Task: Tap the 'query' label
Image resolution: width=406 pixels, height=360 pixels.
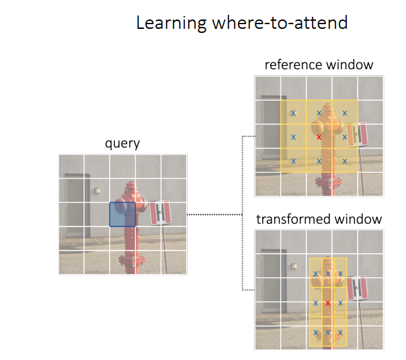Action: (122, 143)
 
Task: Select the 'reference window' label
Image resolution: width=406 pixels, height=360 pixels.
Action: (319, 65)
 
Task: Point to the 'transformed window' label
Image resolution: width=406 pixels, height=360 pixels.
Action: (319, 219)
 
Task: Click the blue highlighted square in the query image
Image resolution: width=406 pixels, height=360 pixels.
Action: (122, 215)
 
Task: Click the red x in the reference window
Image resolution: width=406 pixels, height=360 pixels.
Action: (319, 137)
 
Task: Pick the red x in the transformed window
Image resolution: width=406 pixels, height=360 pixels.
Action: (327, 303)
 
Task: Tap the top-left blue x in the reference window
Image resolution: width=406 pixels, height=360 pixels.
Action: (293, 114)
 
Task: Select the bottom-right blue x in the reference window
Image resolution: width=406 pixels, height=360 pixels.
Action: (345, 161)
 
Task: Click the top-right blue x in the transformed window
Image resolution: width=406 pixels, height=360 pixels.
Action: (341, 273)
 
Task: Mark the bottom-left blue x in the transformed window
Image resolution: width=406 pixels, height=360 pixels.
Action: (315, 332)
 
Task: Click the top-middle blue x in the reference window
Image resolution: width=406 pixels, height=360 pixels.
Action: (319, 114)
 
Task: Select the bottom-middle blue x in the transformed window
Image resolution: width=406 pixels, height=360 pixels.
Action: (328, 332)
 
